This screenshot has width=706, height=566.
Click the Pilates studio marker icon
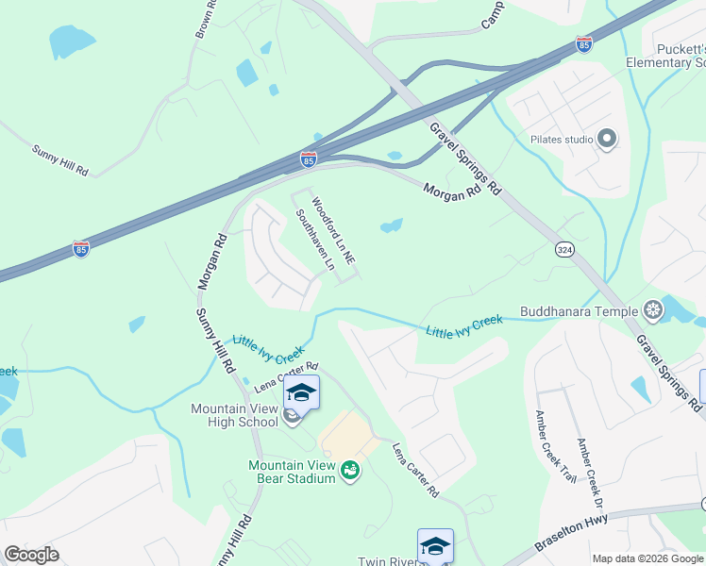pos(607,140)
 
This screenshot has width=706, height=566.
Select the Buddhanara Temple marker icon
pos(652,309)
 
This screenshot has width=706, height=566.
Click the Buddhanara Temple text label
pos(580,310)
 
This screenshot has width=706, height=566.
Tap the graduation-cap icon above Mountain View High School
pos(302,391)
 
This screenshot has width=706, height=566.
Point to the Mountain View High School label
pos(234,415)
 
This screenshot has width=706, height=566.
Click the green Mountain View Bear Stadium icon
pos(350,469)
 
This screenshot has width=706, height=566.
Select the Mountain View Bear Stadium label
pos(292,472)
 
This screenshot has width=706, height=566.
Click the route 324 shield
pos(564,249)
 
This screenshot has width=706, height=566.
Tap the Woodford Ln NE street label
pos(332,230)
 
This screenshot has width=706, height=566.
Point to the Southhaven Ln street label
pos(315,241)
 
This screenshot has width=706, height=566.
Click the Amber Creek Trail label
pos(554,447)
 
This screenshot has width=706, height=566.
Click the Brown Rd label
pos(205,19)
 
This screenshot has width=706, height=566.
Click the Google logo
pos(31,555)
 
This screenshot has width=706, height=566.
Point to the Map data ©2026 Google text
pos(647,558)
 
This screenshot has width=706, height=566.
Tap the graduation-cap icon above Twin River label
pos(435,544)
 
